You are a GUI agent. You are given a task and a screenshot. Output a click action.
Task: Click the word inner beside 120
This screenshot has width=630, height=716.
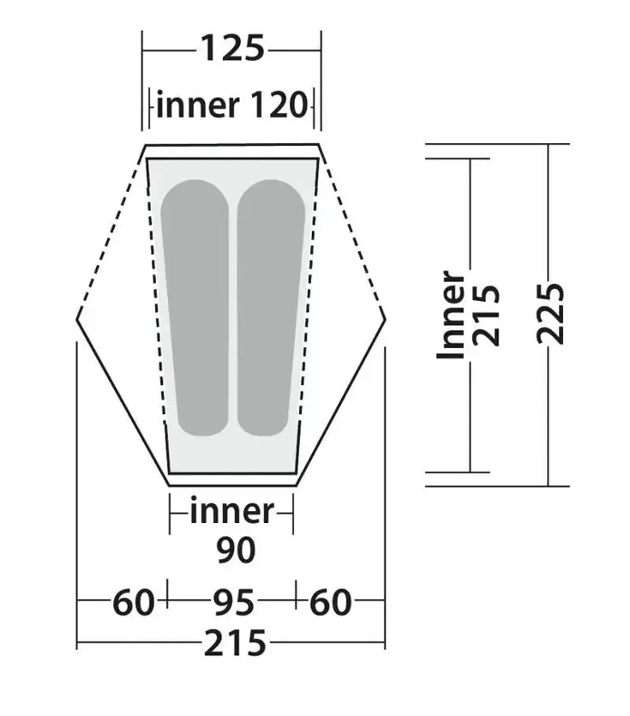tap(198, 106)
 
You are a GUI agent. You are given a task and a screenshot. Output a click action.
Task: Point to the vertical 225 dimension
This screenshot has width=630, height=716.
tap(553, 313)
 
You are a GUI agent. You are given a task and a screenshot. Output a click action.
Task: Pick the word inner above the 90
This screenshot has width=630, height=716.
tap(231, 512)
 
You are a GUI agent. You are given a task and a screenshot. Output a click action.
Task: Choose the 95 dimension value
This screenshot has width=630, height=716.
tap(232, 604)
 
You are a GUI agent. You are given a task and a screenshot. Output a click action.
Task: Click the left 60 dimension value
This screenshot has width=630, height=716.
tap(134, 604)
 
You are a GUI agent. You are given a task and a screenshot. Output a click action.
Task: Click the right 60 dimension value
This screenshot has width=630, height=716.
tap(330, 604)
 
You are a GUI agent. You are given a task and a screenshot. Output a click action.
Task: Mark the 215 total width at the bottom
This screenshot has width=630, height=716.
tap(232, 642)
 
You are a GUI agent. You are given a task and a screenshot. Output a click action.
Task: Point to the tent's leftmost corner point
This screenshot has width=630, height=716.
tap(77, 318)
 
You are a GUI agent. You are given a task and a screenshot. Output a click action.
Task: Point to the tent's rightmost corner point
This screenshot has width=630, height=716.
tap(385, 318)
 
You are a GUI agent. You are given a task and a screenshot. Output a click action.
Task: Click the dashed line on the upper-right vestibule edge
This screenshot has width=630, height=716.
tap(351, 232)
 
